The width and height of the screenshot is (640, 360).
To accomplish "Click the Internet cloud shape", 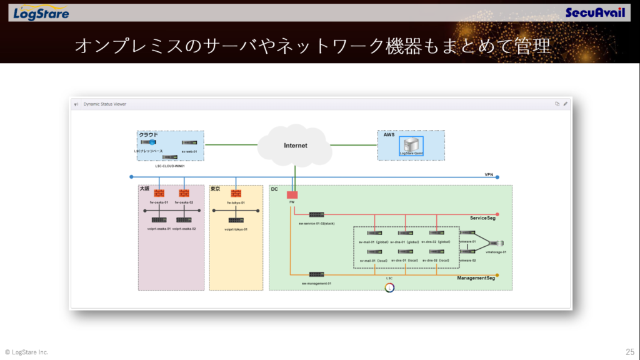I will point(295,146).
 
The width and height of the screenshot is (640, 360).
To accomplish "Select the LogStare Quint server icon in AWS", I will point(411,144).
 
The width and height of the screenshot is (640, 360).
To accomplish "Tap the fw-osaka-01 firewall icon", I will point(159,194).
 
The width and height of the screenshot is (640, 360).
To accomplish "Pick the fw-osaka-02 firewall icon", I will point(184,194).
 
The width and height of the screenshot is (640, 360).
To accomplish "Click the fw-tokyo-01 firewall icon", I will point(236,194).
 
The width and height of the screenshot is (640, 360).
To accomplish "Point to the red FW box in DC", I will point(292,194).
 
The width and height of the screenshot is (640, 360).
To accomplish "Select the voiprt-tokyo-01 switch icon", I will point(236,220).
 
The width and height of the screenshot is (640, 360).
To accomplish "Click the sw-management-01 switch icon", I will point(316,274).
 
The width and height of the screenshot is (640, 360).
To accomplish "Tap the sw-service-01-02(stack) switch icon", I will point(316,214).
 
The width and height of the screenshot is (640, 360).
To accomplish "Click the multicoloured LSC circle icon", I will point(389,287).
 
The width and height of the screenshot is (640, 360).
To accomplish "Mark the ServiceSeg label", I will point(482,217).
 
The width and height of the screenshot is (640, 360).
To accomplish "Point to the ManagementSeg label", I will point(476,278).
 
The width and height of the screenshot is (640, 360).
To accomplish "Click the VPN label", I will point(489,174).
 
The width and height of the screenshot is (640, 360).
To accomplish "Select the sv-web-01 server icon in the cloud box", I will point(189,143).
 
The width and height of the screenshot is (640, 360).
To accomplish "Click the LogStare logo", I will point(41,13).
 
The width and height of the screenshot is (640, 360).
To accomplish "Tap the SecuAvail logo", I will point(594,12).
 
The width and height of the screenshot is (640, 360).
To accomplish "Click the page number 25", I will point(629,352).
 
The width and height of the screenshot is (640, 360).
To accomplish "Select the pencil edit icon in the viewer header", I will point(565,104).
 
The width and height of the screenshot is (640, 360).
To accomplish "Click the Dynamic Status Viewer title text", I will point(104,104).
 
